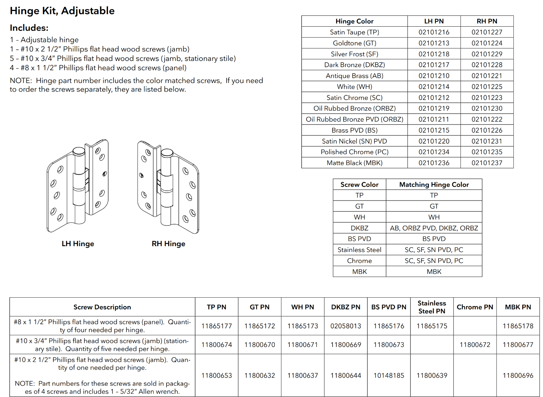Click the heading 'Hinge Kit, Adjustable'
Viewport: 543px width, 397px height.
pyautogui.click(x=62, y=11)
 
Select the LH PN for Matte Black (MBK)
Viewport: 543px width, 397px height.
pyautogui.click(x=434, y=163)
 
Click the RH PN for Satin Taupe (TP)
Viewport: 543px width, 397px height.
pyautogui.click(x=487, y=32)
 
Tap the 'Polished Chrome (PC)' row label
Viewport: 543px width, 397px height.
pyautogui.click(x=354, y=152)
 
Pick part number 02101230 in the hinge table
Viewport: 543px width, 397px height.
pyautogui.click(x=487, y=108)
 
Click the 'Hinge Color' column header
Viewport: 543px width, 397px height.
pyautogui.click(x=354, y=21)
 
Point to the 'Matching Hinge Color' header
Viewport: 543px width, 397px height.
pyautogui.click(x=434, y=184)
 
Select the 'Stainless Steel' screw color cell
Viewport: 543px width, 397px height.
pyautogui.click(x=359, y=250)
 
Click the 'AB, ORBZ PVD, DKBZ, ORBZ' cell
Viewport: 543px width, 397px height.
pyautogui.click(x=434, y=228)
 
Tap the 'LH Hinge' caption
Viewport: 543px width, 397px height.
pyautogui.click(x=78, y=244)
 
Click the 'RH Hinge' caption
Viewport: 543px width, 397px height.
pyautogui.click(x=168, y=244)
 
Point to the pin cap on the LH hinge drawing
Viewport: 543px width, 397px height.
pyautogui.click(x=79, y=151)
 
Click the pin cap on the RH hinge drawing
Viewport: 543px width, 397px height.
pyautogui.click(x=167, y=152)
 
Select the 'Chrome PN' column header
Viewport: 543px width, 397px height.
pyautogui.click(x=475, y=307)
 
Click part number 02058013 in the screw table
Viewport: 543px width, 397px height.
pyautogui.click(x=346, y=326)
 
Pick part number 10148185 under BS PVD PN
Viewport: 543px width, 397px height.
pyautogui.click(x=389, y=375)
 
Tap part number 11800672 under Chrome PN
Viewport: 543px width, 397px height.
pyautogui.click(x=475, y=345)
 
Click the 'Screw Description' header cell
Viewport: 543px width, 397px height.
pyautogui.click(x=102, y=307)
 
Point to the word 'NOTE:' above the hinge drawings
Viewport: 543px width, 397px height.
pyautogui.click(x=21, y=81)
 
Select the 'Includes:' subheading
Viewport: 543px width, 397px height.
pyautogui.click(x=29, y=28)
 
